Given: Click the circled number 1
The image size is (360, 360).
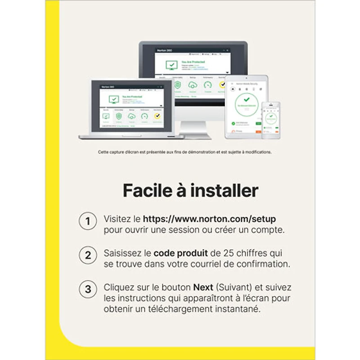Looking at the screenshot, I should (88, 221).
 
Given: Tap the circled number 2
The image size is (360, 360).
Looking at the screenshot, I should (88, 255).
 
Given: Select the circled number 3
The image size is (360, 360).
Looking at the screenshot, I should (88, 288).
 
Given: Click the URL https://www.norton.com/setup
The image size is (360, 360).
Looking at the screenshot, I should (209, 219).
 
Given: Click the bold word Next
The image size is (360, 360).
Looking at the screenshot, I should (203, 287).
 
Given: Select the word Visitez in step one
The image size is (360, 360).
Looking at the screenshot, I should (115, 219).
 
